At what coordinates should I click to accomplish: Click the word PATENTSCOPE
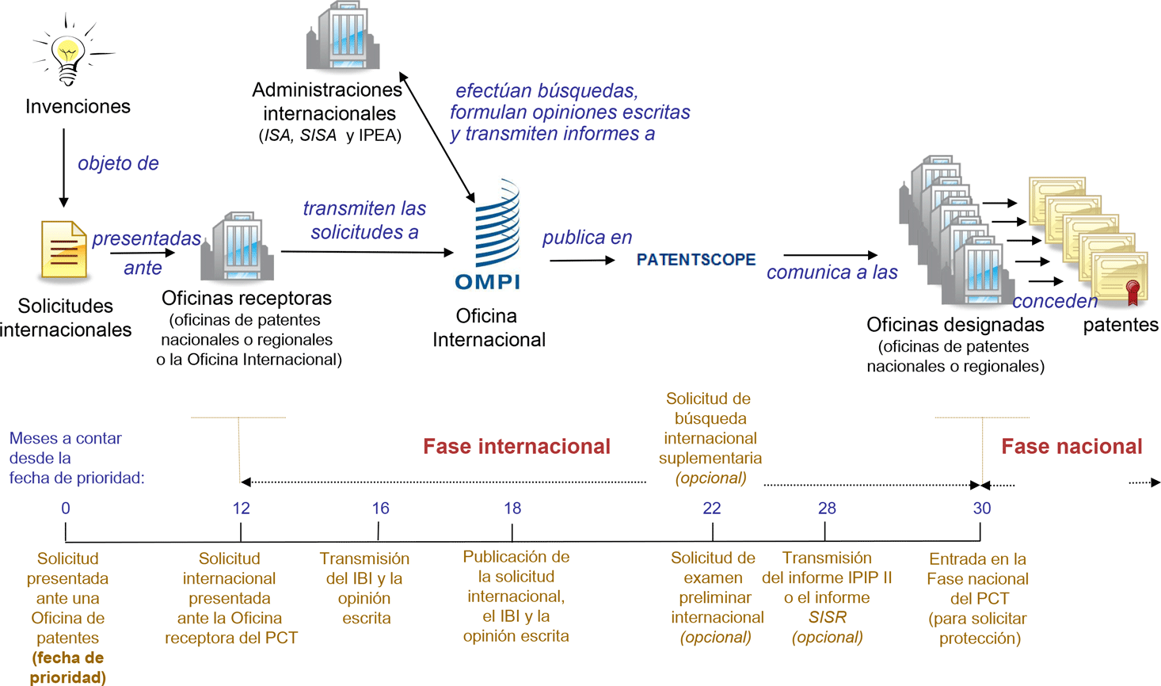coord(696,260)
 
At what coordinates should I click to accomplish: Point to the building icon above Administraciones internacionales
coord(343,36)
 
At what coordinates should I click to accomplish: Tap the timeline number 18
coord(512,509)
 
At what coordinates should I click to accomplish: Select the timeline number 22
coord(712,509)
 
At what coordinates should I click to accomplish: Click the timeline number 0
coord(66,509)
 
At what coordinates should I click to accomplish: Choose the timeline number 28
coord(827,509)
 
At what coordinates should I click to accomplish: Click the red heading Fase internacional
coord(516,447)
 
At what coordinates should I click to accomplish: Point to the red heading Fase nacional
coord(1072,447)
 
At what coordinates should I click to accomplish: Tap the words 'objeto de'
coord(118,164)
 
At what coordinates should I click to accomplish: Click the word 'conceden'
coord(1055,301)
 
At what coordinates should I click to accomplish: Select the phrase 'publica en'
coord(587,238)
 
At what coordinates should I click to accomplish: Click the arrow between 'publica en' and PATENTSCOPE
coord(582,260)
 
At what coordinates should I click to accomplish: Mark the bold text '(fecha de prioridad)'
coord(68,668)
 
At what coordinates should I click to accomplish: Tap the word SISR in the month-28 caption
coord(828,617)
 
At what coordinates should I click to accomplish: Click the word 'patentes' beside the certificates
coord(1121,325)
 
